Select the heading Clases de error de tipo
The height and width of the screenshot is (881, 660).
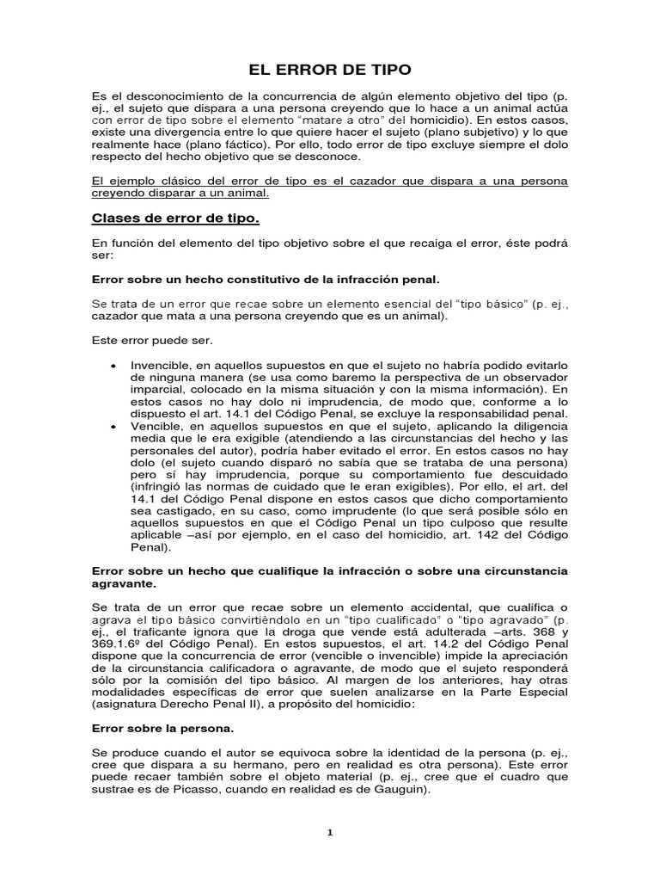pos(164,218)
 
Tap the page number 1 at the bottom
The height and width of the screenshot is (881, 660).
pos(330,831)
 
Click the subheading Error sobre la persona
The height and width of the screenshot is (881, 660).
pos(150,728)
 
